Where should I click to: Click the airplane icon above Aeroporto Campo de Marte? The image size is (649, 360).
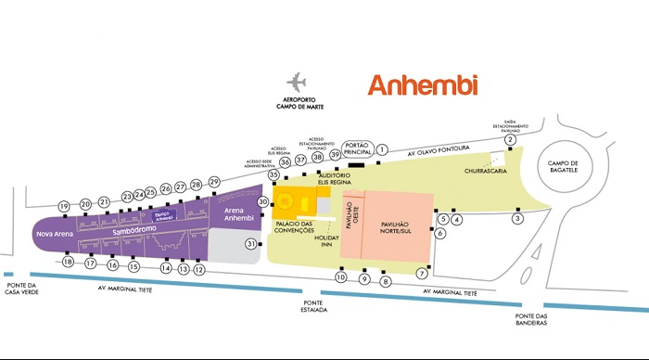[299, 81]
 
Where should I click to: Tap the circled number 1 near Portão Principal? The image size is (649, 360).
[381, 149]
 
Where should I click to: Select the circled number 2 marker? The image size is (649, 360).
[510, 140]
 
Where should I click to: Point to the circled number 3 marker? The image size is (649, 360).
[517, 219]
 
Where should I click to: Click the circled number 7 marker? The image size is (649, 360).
[422, 273]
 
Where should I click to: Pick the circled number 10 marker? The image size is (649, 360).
[341, 277]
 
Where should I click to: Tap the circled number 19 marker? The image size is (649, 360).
[64, 206]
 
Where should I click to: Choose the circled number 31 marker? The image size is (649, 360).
[250, 244]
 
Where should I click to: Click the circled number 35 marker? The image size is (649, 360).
[274, 174]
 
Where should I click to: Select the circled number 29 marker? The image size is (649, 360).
[214, 182]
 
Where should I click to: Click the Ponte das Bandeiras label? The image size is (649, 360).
[532, 319]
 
